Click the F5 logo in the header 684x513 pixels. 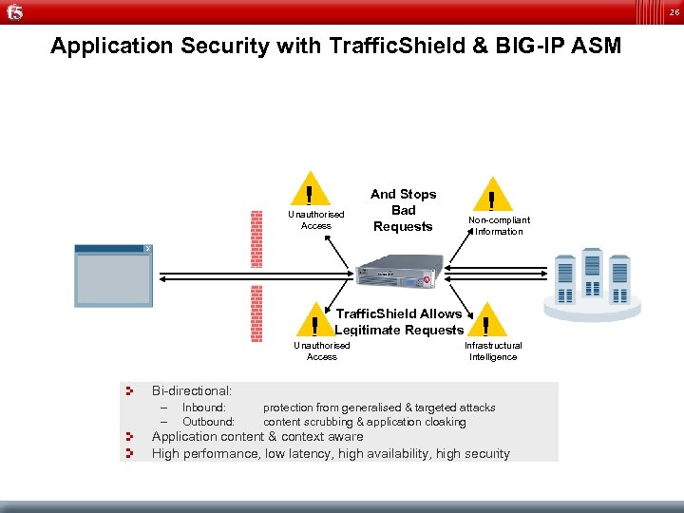[x=13, y=12]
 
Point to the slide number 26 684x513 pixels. [x=673, y=12]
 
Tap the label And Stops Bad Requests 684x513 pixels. [x=403, y=210]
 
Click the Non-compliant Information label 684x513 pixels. [x=499, y=225]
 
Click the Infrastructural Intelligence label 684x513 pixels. [x=493, y=351]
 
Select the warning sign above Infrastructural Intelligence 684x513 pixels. [x=485, y=321]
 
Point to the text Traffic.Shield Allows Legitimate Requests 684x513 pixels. [x=398, y=321]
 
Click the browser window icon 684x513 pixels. [x=115, y=275]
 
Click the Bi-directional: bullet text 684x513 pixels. [x=192, y=390]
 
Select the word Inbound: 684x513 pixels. [x=204, y=408]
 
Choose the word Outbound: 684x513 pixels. [x=208, y=422]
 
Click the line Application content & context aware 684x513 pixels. [x=257, y=437]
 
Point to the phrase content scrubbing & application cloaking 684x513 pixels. [x=365, y=422]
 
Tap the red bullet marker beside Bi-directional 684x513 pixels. [x=132, y=390]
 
